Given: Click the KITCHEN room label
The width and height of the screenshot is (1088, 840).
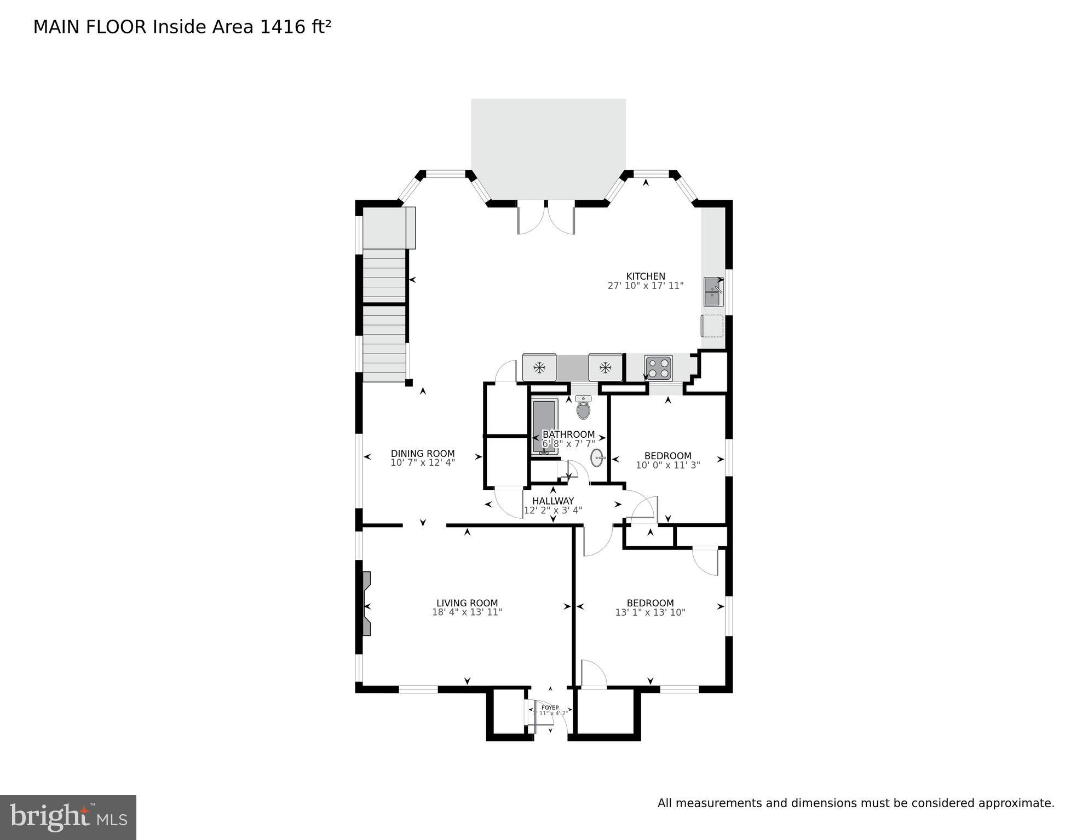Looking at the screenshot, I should pyautogui.click(x=646, y=276).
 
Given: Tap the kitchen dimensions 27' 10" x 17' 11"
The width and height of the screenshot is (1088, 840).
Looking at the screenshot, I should pyautogui.click(x=646, y=286).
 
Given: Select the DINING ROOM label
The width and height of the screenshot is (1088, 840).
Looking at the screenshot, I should pyautogui.click(x=422, y=453).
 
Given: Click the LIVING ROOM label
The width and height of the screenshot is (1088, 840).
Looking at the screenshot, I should pyautogui.click(x=467, y=603).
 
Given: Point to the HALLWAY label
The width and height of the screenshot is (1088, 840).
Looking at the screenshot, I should pyautogui.click(x=553, y=501).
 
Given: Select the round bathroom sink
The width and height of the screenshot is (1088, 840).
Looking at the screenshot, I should pyautogui.click(x=597, y=457).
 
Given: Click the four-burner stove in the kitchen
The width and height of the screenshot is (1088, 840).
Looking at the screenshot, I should pyautogui.click(x=659, y=368).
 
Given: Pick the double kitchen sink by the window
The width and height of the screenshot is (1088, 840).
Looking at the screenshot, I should pyautogui.click(x=713, y=292).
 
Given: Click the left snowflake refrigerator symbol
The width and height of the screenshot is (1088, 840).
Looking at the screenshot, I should pyautogui.click(x=539, y=368).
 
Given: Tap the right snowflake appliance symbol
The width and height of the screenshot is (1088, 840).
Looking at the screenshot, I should pyautogui.click(x=605, y=368).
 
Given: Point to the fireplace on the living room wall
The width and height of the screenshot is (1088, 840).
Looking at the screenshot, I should pyautogui.click(x=366, y=604).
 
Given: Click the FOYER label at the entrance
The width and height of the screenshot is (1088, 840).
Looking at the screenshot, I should pyautogui.click(x=550, y=708).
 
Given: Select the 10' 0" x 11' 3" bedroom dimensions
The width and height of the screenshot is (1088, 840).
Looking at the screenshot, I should pyautogui.click(x=667, y=465).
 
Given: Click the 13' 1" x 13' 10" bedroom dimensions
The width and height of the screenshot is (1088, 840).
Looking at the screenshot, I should pyautogui.click(x=650, y=612).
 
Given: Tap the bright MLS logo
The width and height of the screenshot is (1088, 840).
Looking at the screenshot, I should pyautogui.click(x=68, y=817).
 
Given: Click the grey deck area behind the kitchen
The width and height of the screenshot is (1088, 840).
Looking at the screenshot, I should pyautogui.click(x=548, y=148).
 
